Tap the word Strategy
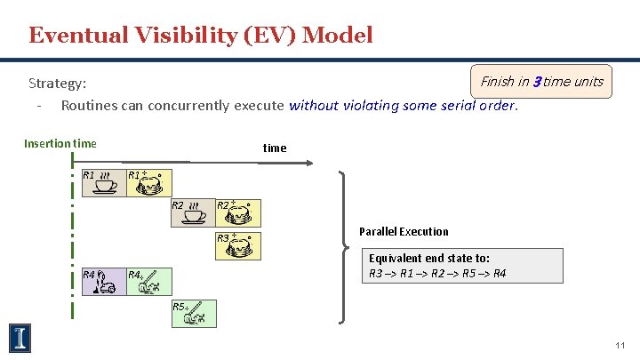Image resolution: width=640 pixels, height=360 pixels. point(57,84)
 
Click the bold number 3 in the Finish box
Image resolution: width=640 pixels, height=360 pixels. point(536,82)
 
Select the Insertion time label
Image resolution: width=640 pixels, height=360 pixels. point(60,143)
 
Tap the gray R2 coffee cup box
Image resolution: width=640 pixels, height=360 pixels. point(192,213)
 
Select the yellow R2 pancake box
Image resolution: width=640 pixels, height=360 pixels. point(238,213)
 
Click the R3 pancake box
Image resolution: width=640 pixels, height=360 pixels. point(238,244)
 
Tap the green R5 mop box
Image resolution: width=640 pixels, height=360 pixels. point(192,311)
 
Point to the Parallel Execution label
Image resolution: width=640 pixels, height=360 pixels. point(404,231)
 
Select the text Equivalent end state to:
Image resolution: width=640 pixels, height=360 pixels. point(428,258)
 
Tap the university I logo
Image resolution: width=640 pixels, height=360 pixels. point(20,337)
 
